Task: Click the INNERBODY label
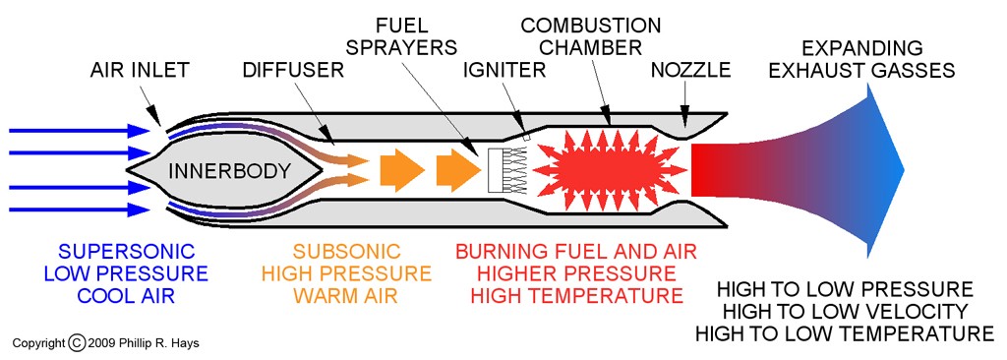coord(229,171)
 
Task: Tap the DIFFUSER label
coord(293,70)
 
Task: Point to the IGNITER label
coord(504,70)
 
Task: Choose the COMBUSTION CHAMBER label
coord(591,36)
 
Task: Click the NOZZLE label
coord(690,70)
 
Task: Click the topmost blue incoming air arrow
coord(79,131)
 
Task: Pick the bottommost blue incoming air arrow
coord(79,210)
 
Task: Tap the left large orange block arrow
coord(401,170)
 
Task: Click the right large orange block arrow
coord(458,170)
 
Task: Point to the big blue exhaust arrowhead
coord(886,170)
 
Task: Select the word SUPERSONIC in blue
coord(119,252)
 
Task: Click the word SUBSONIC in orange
coord(347,252)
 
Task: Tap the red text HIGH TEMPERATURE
coord(576,296)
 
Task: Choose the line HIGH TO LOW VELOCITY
coord(845,312)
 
